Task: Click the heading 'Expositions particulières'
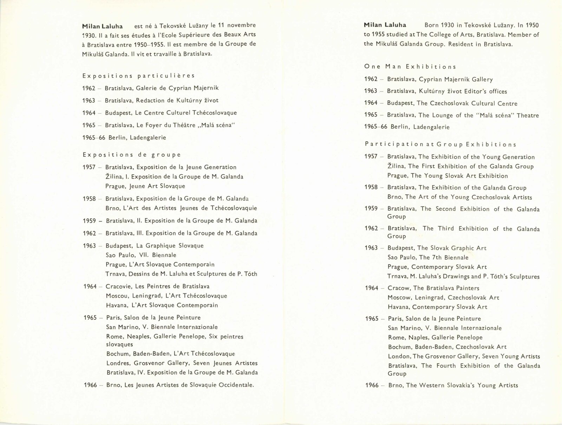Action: pyautogui.click(x=139, y=76)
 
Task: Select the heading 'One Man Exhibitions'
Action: pyautogui.click(x=410, y=67)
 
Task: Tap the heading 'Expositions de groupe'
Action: pyautogui.click(x=132, y=155)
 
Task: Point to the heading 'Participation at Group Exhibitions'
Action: pyautogui.click(x=440, y=144)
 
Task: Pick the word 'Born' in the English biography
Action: pyautogui.click(x=432, y=25)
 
